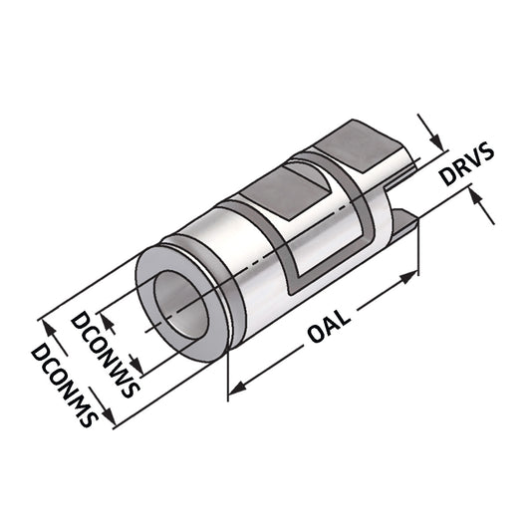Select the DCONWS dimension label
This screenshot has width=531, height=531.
106,354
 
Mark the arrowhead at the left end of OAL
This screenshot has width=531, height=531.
236,390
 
